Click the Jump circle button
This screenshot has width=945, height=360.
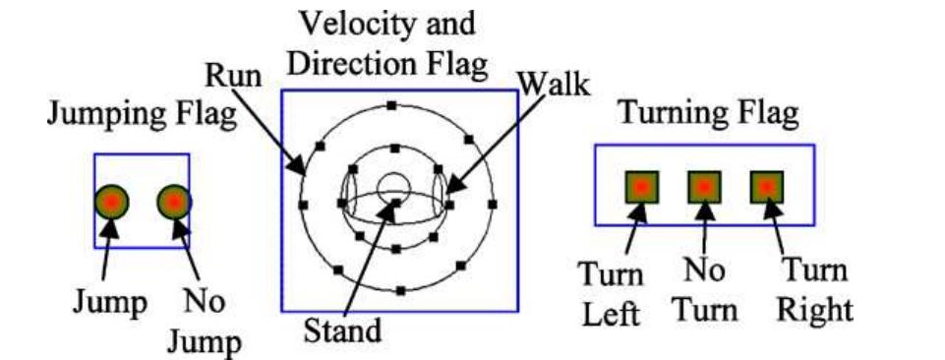point(111,202)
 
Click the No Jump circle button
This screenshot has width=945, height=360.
point(174,202)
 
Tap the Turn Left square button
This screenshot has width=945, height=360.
point(640,186)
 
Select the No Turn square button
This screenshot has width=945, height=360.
point(704,186)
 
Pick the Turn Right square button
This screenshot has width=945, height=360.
point(766,186)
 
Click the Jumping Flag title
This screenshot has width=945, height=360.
point(142,114)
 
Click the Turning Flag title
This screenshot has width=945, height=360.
point(707,114)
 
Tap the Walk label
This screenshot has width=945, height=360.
point(555,83)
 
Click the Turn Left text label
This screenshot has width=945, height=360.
point(611,292)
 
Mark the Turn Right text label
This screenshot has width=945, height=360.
point(812,292)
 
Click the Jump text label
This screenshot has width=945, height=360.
point(108,302)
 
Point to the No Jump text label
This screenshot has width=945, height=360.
point(207,322)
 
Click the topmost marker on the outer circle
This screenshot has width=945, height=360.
point(391,104)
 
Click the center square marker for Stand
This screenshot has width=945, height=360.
point(396,204)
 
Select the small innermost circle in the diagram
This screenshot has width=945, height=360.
point(392,185)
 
